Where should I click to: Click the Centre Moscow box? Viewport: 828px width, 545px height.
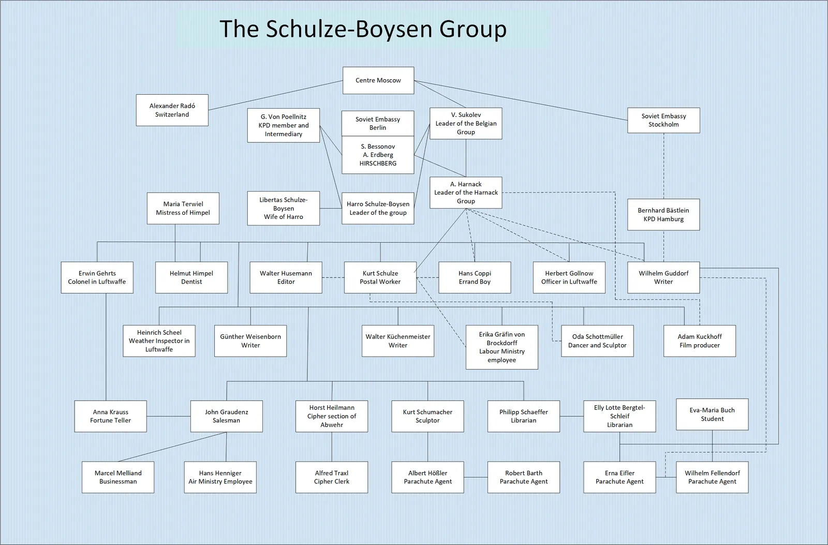tap(378, 80)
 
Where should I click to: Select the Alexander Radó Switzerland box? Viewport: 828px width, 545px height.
tap(172, 110)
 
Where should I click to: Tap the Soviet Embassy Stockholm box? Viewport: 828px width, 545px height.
tap(663, 120)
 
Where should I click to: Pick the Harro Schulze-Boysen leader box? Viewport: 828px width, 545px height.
tap(378, 208)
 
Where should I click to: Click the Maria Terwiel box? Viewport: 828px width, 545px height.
tap(183, 208)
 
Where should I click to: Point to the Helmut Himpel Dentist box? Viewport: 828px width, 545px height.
tap(191, 277)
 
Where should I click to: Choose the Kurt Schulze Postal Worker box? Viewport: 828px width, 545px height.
tap(380, 277)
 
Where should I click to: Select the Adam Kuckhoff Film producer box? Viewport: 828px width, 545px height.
tap(699, 341)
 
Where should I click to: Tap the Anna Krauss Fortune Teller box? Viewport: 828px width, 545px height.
tap(111, 416)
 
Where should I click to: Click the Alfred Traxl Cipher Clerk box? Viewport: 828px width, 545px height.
tap(332, 477)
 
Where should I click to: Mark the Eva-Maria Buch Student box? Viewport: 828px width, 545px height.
tap(712, 414)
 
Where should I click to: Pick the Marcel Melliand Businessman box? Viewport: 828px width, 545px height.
tap(118, 477)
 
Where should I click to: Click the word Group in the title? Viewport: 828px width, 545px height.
tap(473, 29)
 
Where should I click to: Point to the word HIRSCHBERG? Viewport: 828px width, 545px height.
tap(378, 164)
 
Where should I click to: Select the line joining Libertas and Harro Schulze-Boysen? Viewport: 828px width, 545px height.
tap(331, 208)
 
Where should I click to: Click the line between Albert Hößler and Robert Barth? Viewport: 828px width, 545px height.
tap(476, 477)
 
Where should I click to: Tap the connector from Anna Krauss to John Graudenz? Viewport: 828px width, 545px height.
tap(169, 416)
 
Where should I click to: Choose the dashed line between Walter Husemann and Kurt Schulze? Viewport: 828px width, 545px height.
tap(333, 277)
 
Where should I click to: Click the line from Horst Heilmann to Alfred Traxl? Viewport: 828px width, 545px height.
tap(332, 447)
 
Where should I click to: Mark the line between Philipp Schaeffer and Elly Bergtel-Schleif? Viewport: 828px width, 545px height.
tap(571, 416)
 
